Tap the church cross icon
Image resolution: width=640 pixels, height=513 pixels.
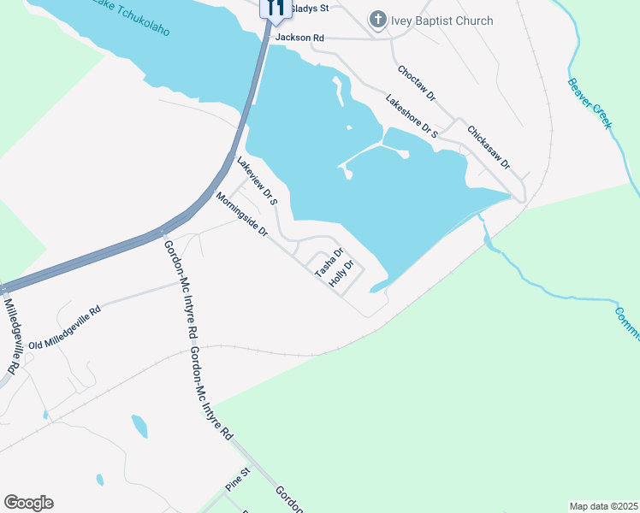click(377, 20)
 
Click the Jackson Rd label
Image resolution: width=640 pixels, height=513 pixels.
click(299, 38)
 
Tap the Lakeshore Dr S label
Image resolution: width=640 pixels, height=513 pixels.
click(412, 117)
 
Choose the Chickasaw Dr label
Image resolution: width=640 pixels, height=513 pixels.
click(489, 147)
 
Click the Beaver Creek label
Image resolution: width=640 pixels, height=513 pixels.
click(590, 104)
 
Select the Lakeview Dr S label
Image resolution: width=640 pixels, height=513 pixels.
click(258, 182)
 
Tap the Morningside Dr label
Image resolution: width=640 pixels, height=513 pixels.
click(242, 215)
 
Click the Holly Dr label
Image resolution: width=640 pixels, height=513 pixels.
click(341, 274)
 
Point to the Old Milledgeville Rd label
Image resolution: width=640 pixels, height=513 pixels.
click(64, 327)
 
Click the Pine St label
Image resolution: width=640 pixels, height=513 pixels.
click(237, 479)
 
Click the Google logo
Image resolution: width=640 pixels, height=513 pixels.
click(28, 503)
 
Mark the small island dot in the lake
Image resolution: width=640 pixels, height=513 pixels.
click(348, 128)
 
